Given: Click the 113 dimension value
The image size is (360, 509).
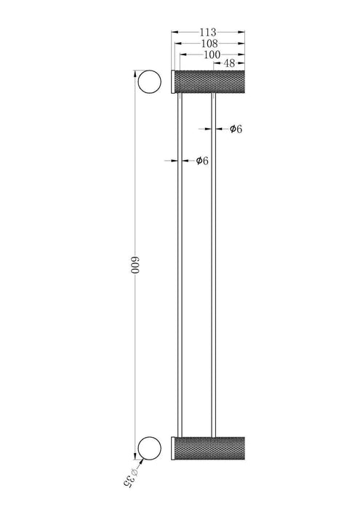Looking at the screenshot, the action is [x=208, y=32].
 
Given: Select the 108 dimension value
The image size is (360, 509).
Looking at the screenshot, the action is [x=209, y=43].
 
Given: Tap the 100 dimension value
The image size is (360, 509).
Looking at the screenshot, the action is [x=212, y=55].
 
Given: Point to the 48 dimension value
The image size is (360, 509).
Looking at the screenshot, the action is [x=229, y=63].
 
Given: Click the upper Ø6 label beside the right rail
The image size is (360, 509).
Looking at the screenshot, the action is [x=236, y=129].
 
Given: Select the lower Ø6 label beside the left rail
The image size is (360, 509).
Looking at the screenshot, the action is [x=202, y=161].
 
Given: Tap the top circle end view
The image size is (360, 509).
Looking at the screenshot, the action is [x=149, y=71].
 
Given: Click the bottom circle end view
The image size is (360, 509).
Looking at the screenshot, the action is [x=149, y=437].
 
